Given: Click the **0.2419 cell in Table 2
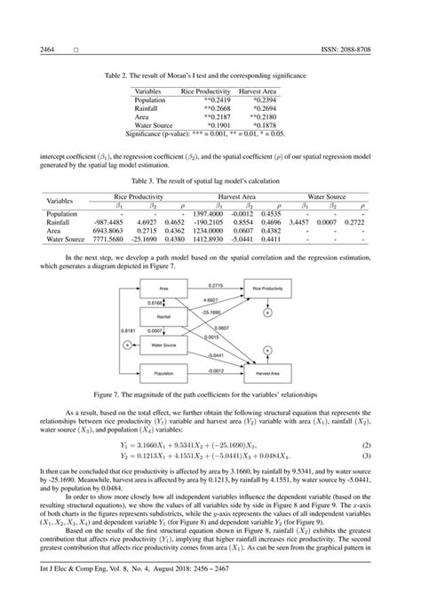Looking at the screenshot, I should pyautogui.click(x=202, y=99).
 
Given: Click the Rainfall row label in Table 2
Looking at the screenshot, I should pyautogui.click(x=148, y=107).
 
